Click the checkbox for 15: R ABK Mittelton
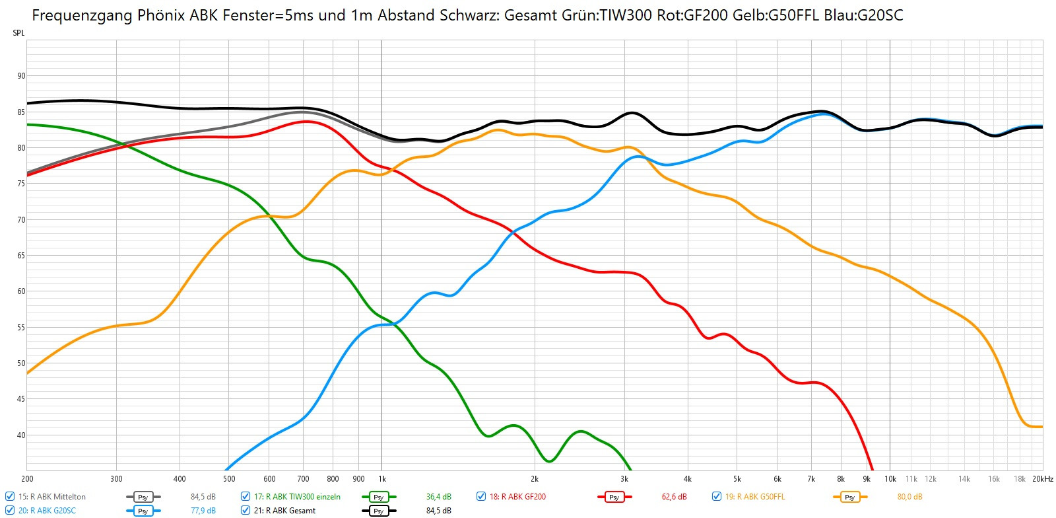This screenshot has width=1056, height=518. click(x=10, y=497)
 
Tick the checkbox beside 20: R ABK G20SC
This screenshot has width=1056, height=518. click(x=10, y=511)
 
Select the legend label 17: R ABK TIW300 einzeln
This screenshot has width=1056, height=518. click(x=297, y=497)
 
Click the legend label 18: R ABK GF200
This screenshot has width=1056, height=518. click(x=517, y=497)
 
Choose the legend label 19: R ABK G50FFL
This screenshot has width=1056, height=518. click(x=755, y=497)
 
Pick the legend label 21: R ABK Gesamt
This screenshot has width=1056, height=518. click(x=284, y=511)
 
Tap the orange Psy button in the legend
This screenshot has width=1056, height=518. click(x=849, y=497)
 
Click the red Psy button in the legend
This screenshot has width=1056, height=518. click(x=614, y=497)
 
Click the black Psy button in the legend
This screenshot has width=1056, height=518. click(x=378, y=511)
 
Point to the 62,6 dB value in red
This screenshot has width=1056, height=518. click(x=674, y=497)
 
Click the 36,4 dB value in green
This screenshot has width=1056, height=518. click(x=439, y=497)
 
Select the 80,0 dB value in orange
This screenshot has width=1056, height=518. click(x=909, y=497)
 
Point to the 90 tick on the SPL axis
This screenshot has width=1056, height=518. click(x=21, y=76)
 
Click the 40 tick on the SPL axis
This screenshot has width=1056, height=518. click(x=21, y=435)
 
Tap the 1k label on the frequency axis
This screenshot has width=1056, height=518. click(x=381, y=479)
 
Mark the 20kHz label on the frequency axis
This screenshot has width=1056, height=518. click(x=1043, y=479)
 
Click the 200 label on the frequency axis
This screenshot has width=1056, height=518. click(x=27, y=479)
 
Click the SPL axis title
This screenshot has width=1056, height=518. click(x=18, y=33)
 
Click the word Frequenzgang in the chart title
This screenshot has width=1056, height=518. click(x=82, y=15)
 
